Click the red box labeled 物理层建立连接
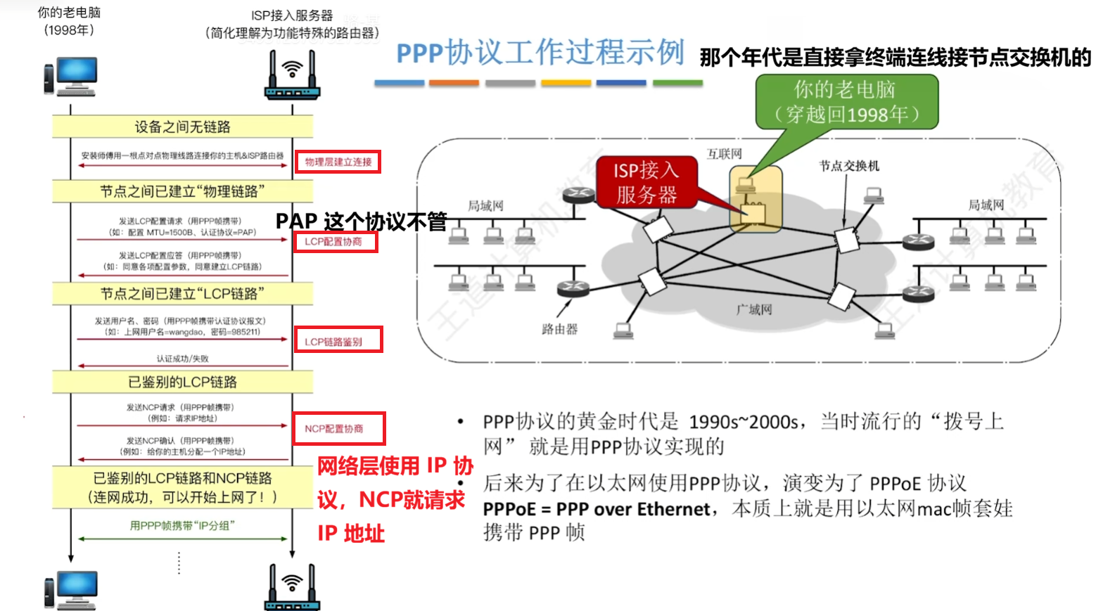click(x=338, y=162)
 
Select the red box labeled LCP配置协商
click(x=336, y=242)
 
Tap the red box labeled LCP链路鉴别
click(x=338, y=340)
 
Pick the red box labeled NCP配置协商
click(x=339, y=428)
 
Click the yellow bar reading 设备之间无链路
click(x=182, y=127)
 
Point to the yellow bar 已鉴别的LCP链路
click(x=182, y=382)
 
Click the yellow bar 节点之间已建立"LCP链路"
click(x=182, y=293)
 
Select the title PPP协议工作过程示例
click(x=540, y=53)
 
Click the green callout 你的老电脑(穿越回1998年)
click(x=846, y=102)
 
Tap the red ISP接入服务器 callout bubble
click(x=646, y=182)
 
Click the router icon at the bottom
click(x=292, y=588)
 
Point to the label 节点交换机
click(x=849, y=166)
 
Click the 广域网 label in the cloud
click(x=754, y=309)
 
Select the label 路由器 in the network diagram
click(x=559, y=329)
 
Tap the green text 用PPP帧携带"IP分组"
click(x=182, y=526)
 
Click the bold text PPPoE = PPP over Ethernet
click(x=597, y=509)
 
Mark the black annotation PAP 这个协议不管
click(x=361, y=221)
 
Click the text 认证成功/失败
click(x=182, y=359)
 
